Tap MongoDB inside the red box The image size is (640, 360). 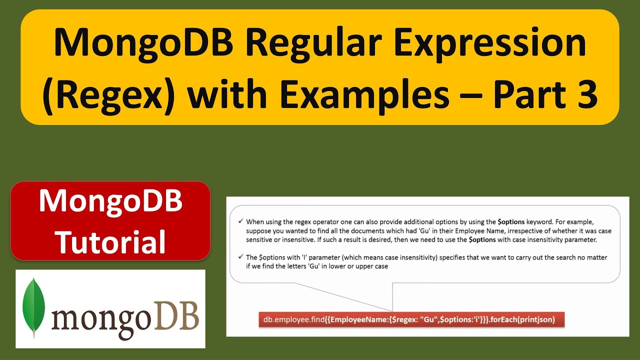[x=110, y=201]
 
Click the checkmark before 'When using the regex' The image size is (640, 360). [x=240, y=221]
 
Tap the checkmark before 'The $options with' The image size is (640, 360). [x=240, y=257]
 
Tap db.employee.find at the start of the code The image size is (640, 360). [x=292, y=319]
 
